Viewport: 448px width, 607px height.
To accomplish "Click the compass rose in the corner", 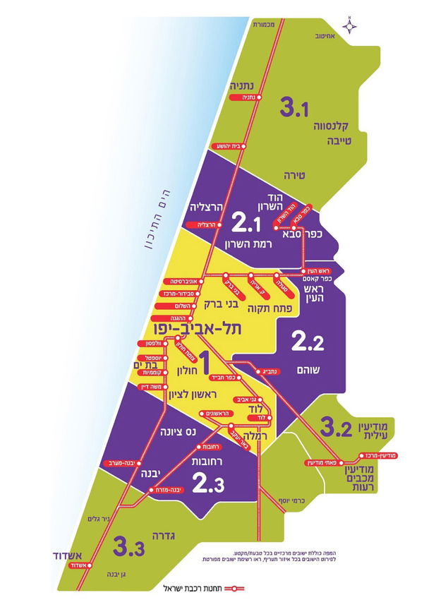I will pos(352,25).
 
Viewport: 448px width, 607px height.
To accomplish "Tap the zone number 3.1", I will pos(296,108).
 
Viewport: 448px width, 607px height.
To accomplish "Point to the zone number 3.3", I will pos(128,547).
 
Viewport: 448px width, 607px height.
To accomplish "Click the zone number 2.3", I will pos(209,484).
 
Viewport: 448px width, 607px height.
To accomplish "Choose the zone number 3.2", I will pos(337,427).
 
